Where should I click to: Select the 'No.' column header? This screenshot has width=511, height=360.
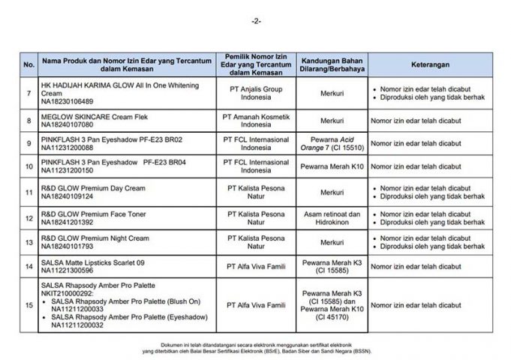(29, 65)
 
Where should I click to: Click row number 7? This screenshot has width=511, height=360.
(29, 93)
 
